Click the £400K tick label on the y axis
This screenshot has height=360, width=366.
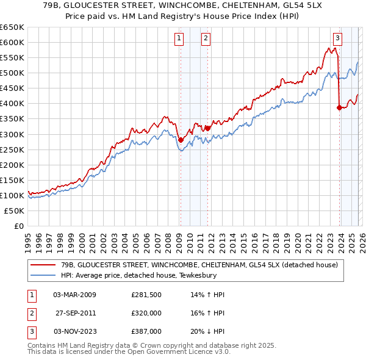click(12, 103)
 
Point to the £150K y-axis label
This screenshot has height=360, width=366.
click(12, 180)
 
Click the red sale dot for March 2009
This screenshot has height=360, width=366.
click(181, 140)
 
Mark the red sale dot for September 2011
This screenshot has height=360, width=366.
click(208, 128)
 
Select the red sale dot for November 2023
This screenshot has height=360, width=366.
click(339, 107)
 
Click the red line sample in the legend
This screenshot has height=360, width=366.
click(43, 265)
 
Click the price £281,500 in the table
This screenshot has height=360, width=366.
click(146, 295)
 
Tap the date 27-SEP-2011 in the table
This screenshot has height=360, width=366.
click(76, 312)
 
